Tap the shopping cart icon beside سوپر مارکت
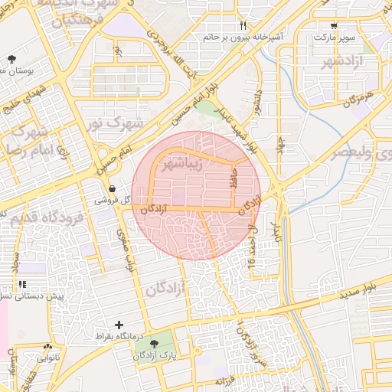click(x=333, y=25)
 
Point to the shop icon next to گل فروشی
click(x=113, y=188)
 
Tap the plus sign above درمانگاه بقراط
click(x=118, y=325)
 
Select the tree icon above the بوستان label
click(x=11, y=59)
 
